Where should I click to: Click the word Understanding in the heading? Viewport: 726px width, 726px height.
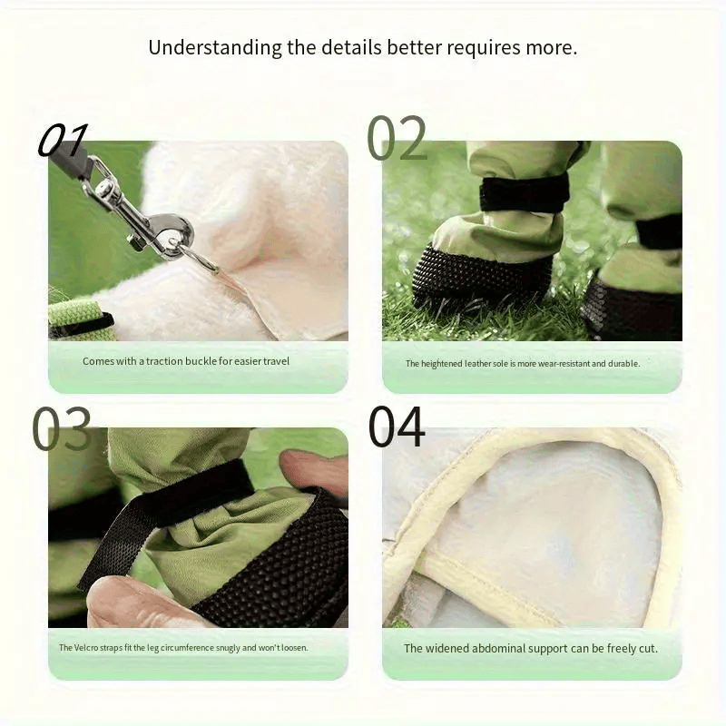click(215, 48)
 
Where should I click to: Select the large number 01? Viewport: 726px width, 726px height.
click(63, 140)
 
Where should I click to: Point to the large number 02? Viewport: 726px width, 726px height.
click(397, 138)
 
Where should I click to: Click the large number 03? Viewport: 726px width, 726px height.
click(62, 428)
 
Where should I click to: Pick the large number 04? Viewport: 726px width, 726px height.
click(397, 427)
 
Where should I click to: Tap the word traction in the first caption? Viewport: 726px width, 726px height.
click(164, 361)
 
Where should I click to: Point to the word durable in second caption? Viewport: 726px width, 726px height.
click(623, 364)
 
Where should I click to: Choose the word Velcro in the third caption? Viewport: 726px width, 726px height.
click(85, 647)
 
